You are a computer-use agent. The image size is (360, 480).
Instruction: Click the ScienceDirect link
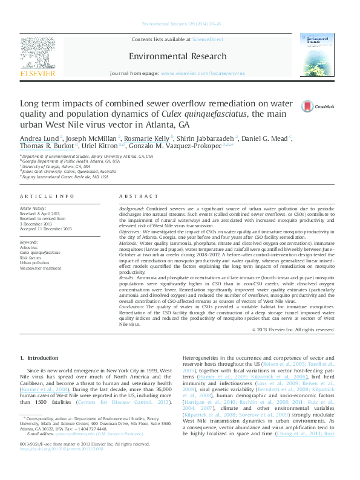(x=208, y=40)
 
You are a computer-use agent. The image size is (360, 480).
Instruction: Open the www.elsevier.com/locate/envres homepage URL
(x=203, y=73)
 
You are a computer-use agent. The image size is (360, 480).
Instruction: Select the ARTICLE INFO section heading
(x=47, y=196)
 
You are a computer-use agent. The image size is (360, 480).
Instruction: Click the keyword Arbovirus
(x=30, y=247)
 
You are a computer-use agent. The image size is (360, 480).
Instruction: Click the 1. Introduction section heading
(x=44, y=358)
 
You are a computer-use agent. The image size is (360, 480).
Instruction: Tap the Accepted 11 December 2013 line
(x=46, y=229)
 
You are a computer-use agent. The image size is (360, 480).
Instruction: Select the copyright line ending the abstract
(x=293, y=329)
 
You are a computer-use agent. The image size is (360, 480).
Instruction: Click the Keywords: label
(x=31, y=242)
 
